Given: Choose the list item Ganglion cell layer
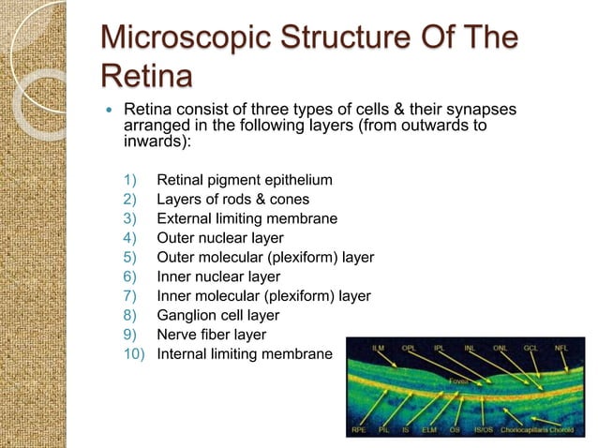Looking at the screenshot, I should [217, 315].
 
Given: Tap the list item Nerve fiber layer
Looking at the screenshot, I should [211, 335].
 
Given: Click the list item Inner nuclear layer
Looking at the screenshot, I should [217, 276].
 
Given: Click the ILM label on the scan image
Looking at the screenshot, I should [379, 348].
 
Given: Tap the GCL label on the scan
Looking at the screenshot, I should [531, 348].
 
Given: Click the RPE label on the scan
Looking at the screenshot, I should [359, 430].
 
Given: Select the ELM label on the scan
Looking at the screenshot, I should [430, 430].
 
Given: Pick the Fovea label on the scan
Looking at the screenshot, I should [457, 381].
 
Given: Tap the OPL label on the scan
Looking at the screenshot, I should [410, 348].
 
